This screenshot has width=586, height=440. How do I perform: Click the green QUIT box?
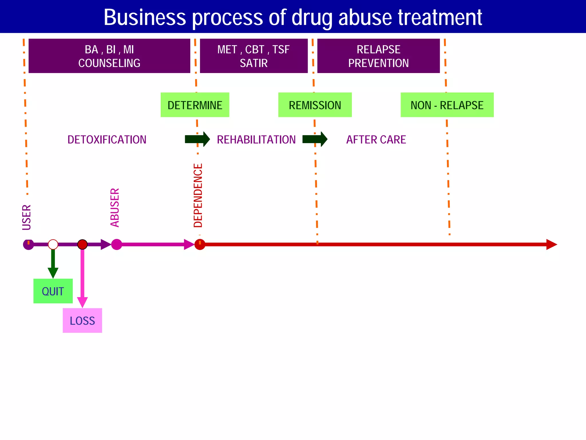click(53, 291)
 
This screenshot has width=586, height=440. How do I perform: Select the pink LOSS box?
click(82, 320)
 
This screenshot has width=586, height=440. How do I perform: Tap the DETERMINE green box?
click(195, 105)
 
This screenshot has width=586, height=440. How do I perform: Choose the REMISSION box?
click(315, 105)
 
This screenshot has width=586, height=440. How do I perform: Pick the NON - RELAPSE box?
click(447, 105)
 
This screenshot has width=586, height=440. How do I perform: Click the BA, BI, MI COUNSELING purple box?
click(109, 56)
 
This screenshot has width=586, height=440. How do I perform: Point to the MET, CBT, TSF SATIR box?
click(254, 56)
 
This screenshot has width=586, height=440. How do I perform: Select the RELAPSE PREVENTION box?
click(378, 56)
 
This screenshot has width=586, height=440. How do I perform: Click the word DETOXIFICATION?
click(107, 140)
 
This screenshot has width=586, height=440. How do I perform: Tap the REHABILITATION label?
click(256, 140)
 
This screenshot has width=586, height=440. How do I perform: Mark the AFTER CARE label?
click(376, 140)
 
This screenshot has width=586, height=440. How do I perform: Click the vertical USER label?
click(27, 217)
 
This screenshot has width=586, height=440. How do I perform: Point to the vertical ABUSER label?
click(115, 208)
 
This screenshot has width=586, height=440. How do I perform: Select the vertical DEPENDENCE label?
click(198, 196)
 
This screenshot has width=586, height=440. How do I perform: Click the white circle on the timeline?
click(53, 244)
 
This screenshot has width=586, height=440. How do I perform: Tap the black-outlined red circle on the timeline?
click(82, 244)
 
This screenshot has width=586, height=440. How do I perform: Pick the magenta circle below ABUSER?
click(116, 244)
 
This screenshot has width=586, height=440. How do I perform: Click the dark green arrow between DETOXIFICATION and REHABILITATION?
click(197, 139)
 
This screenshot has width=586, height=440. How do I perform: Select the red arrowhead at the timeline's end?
click(551, 244)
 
